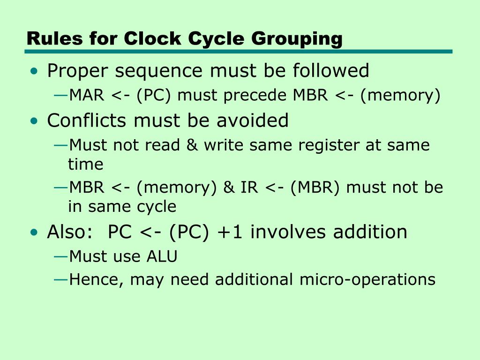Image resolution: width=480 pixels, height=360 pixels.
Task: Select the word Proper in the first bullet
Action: click(x=78, y=71)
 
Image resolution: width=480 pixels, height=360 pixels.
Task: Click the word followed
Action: click(x=331, y=71)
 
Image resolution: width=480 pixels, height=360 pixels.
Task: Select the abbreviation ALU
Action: click(x=162, y=256)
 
